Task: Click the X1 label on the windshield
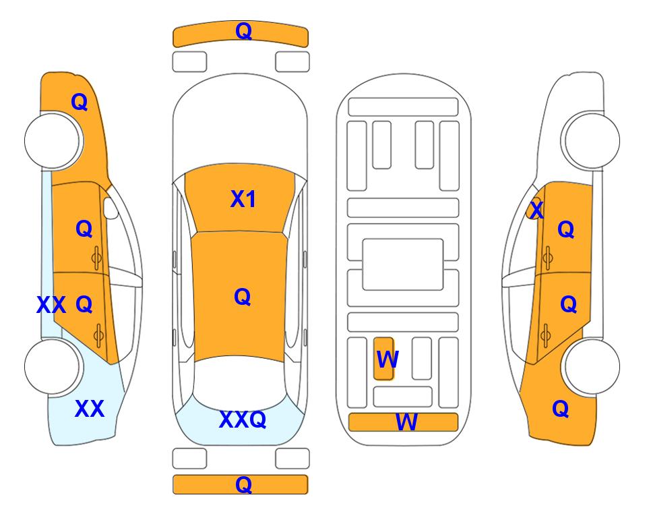coord(243,199)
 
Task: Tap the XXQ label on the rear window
coord(243,420)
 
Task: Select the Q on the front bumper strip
coord(243,30)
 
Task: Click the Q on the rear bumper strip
coord(243,484)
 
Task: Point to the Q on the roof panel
coord(242,297)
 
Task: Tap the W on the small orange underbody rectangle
coord(388,359)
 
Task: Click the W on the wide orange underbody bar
coord(406,422)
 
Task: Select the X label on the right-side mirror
coord(536,210)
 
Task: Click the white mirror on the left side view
coord(111,208)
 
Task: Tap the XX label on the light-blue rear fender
coord(90,409)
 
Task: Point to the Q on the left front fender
coord(80,102)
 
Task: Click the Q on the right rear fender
coord(561,409)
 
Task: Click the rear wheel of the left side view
coord(52,366)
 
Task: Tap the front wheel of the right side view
coord(591,141)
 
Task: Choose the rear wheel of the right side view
coord(592,366)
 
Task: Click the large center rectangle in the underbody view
coord(403,264)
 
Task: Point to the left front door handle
coord(96,258)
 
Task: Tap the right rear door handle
coord(546,336)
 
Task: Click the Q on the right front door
coord(566,229)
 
